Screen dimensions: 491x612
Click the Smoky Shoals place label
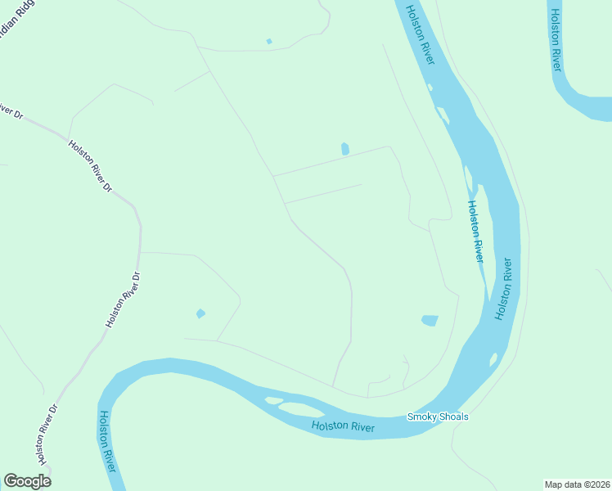click(x=438, y=417)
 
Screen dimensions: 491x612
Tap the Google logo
click(x=26, y=480)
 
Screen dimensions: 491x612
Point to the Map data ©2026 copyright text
click(x=576, y=484)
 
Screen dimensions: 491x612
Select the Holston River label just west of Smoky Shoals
click(x=343, y=426)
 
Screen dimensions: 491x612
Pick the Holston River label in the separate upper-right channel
click(x=556, y=38)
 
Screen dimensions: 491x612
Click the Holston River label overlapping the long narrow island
click(x=475, y=231)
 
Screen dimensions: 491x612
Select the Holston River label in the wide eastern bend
click(x=503, y=289)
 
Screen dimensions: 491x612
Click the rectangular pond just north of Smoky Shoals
click(x=430, y=320)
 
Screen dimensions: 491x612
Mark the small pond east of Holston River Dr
click(x=200, y=313)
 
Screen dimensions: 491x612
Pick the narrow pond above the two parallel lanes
click(x=344, y=149)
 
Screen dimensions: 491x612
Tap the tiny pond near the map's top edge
click(x=269, y=41)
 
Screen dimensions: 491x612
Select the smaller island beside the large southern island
click(x=272, y=400)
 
